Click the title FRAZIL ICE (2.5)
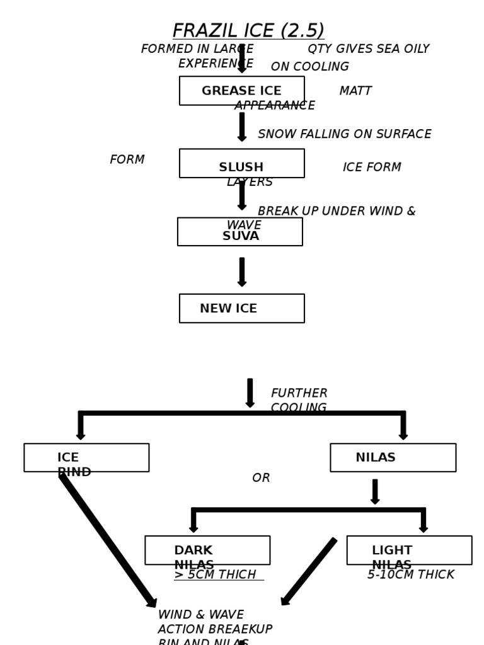click(248, 31)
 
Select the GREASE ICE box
click(241, 91)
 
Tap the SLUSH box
click(241, 164)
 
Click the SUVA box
click(240, 232)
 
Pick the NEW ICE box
click(241, 309)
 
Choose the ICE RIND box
click(86, 458)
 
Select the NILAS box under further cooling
click(393, 458)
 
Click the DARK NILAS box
click(207, 551)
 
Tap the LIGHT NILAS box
click(409, 551)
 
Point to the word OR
click(261, 478)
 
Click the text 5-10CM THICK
click(410, 575)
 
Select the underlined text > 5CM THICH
click(216, 575)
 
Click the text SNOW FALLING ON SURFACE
click(344, 134)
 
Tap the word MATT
click(355, 91)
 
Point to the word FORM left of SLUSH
click(127, 160)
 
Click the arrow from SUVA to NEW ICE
click(242, 271)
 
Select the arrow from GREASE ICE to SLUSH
click(242, 127)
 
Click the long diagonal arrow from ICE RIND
click(107, 540)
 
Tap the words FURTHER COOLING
click(299, 401)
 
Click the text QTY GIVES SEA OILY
click(368, 49)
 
